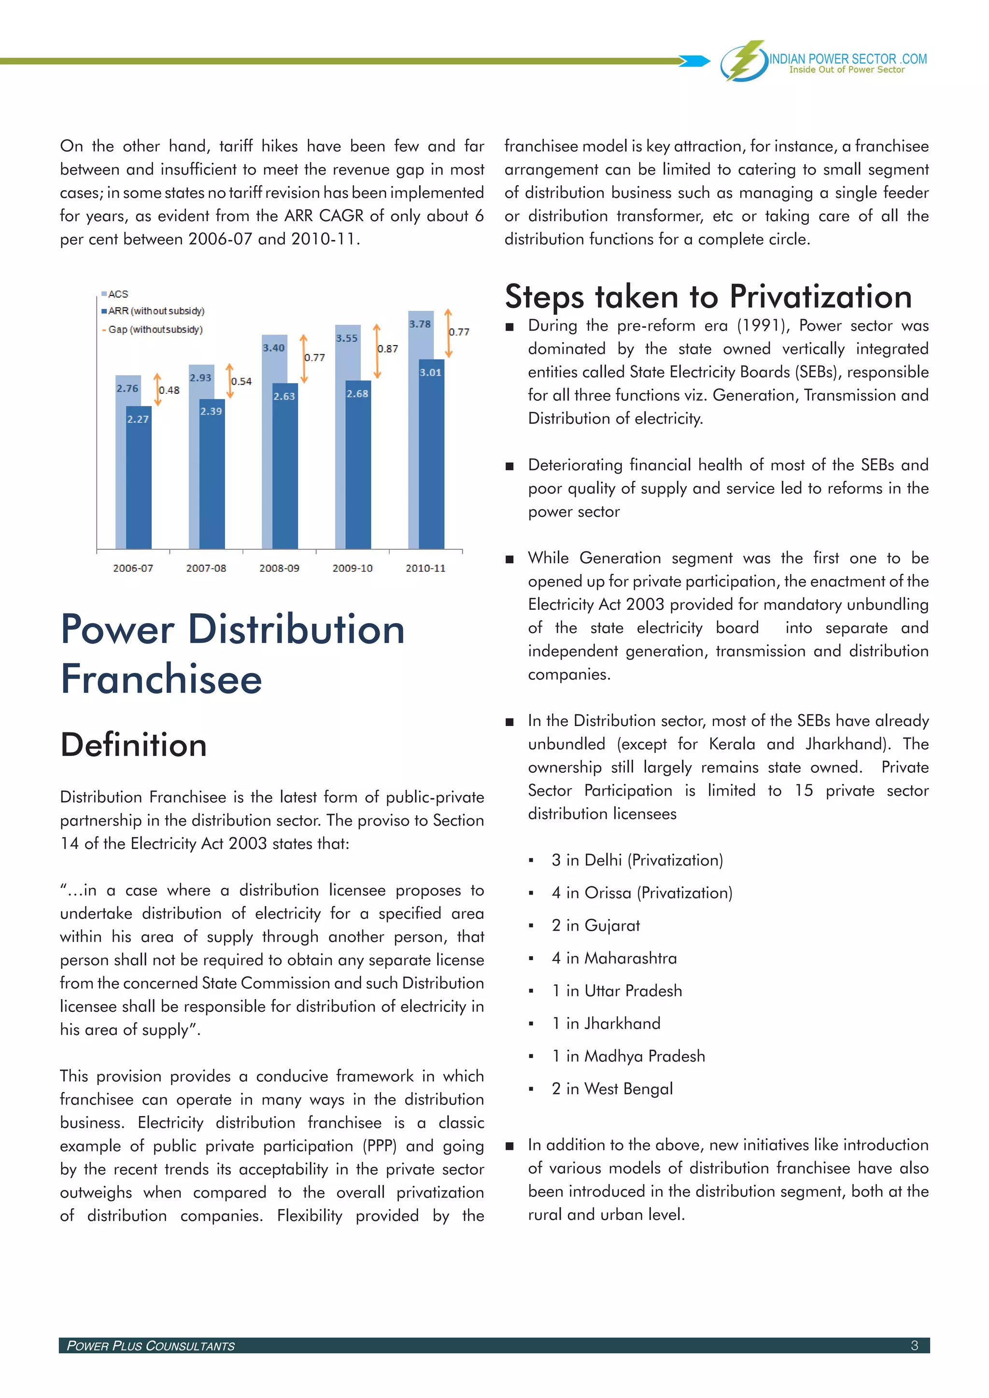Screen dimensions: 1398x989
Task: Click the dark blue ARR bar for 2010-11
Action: pyautogui.click(x=431, y=463)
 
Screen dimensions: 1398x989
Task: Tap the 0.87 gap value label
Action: pyautogui.click(x=388, y=349)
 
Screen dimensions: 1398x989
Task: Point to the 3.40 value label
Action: pyautogui.click(x=273, y=348)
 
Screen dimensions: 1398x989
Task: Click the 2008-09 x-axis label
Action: pyautogui.click(x=279, y=568)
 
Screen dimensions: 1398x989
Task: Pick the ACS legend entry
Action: pyautogui.click(x=117, y=294)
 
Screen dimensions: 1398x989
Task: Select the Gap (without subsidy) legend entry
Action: pyautogui.click(x=155, y=329)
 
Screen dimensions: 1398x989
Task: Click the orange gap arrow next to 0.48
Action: pyautogui.click(x=157, y=390)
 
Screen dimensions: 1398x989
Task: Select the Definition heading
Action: pyautogui.click(x=134, y=745)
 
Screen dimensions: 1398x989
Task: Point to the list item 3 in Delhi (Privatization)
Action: pyautogui.click(x=637, y=860)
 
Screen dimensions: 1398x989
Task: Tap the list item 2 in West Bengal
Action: pyautogui.click(x=612, y=1089)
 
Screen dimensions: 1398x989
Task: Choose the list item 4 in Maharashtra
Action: pyautogui.click(x=614, y=958)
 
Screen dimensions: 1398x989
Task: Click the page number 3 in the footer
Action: pyautogui.click(x=914, y=1345)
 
